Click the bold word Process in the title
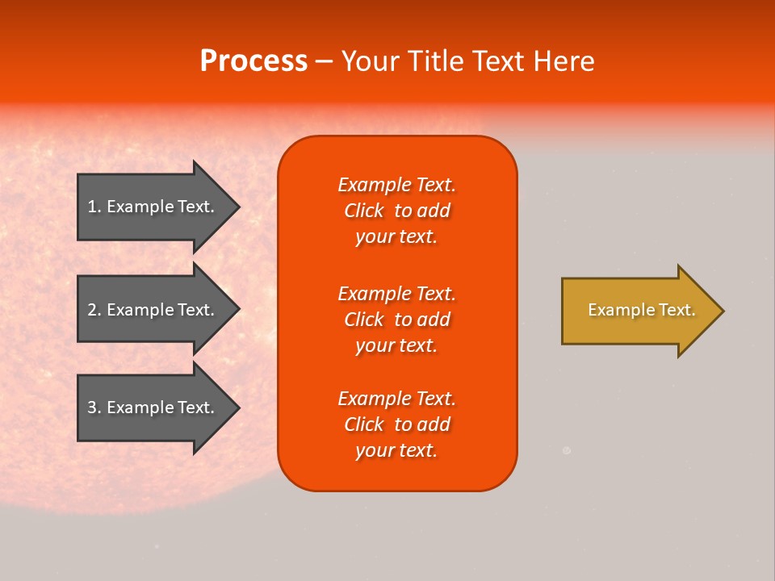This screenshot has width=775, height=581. point(253,61)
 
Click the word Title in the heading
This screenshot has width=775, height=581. point(435,61)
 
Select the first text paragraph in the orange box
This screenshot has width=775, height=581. point(396,211)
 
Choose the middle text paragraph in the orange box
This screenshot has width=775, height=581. point(396,320)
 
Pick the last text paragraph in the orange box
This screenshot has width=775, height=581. point(396,424)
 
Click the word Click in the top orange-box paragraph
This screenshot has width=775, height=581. point(364,211)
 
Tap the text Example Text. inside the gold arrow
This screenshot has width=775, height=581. point(641,310)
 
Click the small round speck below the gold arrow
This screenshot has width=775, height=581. point(567,451)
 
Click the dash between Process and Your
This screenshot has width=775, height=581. point(324,62)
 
